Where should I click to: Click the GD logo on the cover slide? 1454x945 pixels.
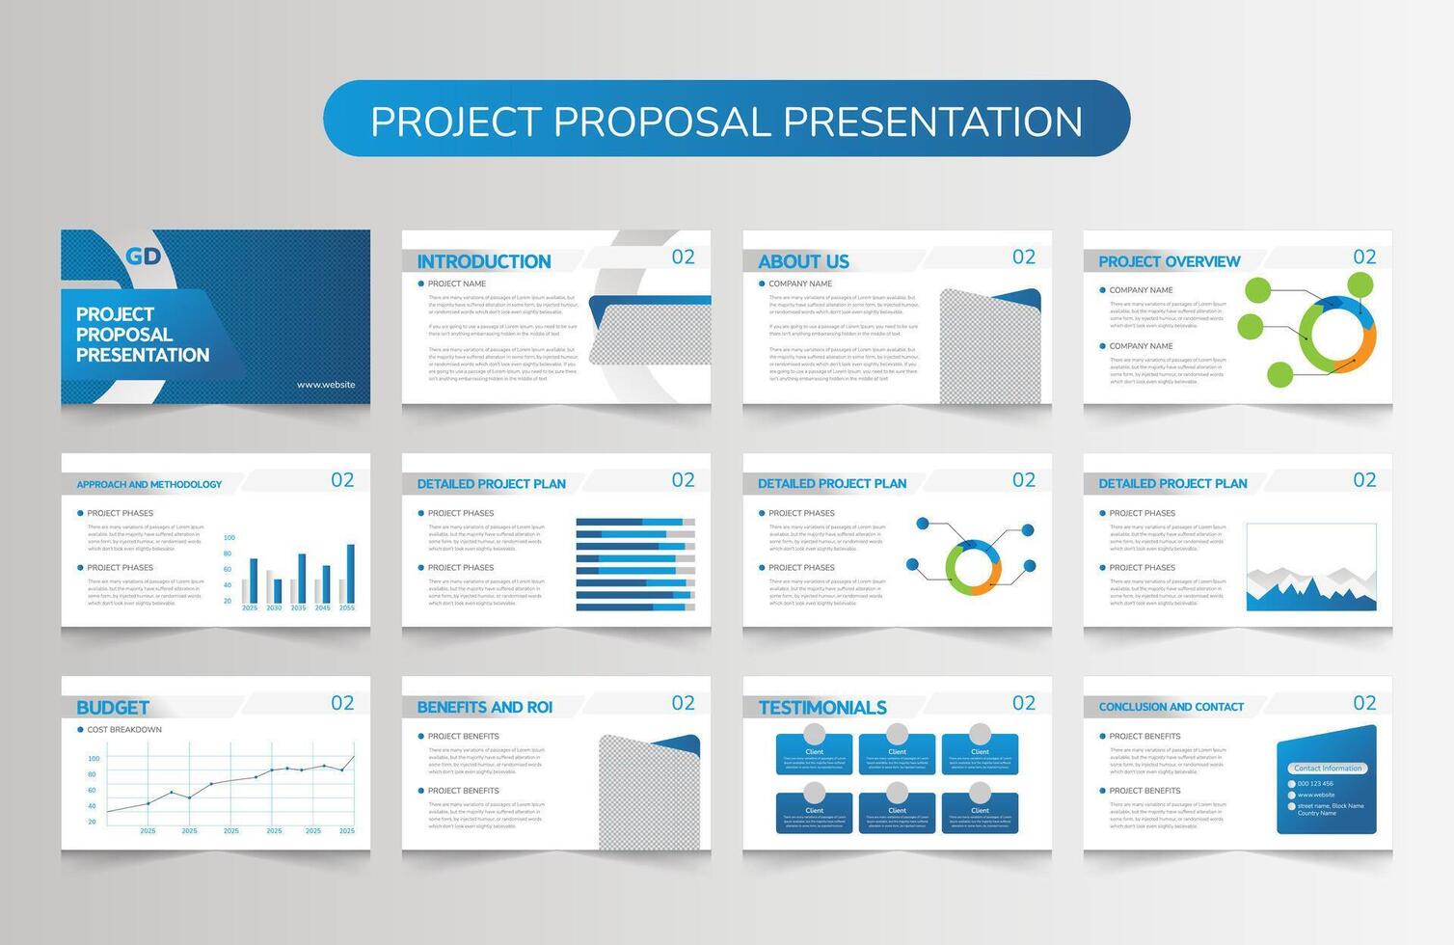(x=144, y=256)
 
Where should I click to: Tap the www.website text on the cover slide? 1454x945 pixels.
(x=326, y=385)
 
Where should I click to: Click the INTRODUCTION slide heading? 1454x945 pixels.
(x=483, y=261)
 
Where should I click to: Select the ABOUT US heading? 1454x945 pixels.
(x=803, y=261)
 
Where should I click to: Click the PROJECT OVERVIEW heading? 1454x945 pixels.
(x=1169, y=261)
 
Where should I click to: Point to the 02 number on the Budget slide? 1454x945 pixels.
(x=342, y=703)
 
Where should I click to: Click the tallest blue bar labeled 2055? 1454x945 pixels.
(x=350, y=574)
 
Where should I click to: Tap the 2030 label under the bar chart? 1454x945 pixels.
(x=274, y=608)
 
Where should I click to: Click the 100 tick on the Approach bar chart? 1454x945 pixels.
(x=229, y=538)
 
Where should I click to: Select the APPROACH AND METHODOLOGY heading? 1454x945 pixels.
(x=148, y=485)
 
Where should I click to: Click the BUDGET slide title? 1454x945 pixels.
(x=112, y=708)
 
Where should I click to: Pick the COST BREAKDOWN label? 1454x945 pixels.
(x=124, y=730)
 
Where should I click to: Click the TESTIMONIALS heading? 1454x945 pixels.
(x=821, y=708)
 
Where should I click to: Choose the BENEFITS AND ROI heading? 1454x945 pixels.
(x=484, y=708)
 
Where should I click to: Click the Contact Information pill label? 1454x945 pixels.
(x=1328, y=769)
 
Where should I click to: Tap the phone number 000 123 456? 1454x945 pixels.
(x=1315, y=784)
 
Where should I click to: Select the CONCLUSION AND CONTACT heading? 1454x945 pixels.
(x=1171, y=707)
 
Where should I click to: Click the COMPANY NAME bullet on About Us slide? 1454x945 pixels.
(x=799, y=284)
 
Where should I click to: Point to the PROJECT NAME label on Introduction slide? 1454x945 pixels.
(x=456, y=284)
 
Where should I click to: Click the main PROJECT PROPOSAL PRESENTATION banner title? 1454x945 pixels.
(x=726, y=121)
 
